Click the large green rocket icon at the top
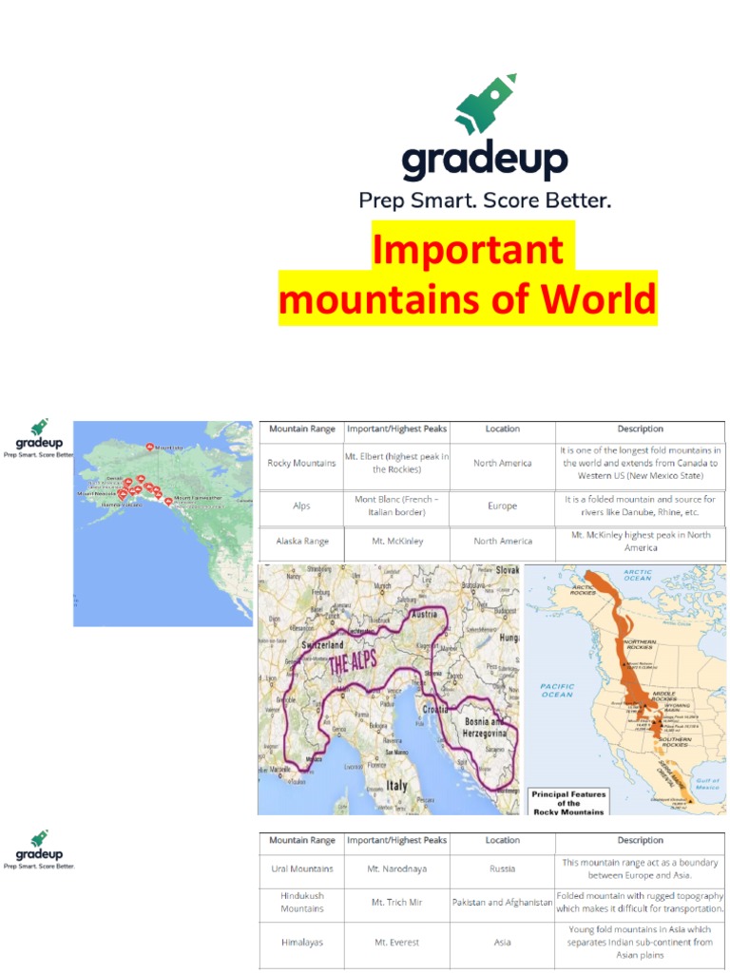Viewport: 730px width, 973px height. tap(486, 104)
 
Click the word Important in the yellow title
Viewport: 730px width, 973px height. tap(467, 250)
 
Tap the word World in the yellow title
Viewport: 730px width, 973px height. tap(599, 299)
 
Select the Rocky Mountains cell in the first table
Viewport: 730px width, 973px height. tap(301, 464)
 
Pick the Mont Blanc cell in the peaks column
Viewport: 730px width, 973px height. tap(396, 506)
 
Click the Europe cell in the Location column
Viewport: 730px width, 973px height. tap(502, 506)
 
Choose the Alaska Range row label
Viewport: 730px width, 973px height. tap(302, 542)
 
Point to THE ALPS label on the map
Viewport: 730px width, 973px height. tap(353, 660)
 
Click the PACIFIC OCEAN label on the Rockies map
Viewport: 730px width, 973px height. tap(557, 690)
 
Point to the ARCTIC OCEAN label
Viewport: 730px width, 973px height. tap(637, 575)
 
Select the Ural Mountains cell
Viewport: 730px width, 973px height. tap(301, 868)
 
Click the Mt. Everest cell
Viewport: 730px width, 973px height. tap(396, 943)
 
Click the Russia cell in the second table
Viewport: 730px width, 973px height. tap(502, 868)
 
